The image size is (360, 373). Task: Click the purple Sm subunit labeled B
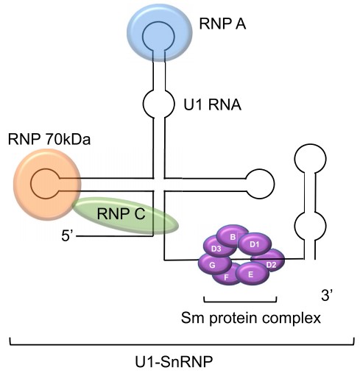coord(233,237)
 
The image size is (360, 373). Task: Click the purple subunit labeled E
coord(251,274)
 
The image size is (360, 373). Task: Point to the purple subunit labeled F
coord(226,277)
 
